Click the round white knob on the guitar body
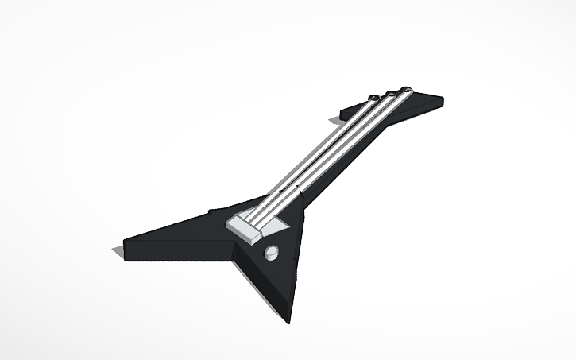tap(272, 253)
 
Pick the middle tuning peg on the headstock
tap(391, 93)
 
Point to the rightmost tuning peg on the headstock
tap(407, 89)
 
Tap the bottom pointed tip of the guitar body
tap(289, 321)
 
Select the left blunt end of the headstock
tap(344, 110)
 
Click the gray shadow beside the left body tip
tap(118, 251)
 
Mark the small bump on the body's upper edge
tap(214, 210)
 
